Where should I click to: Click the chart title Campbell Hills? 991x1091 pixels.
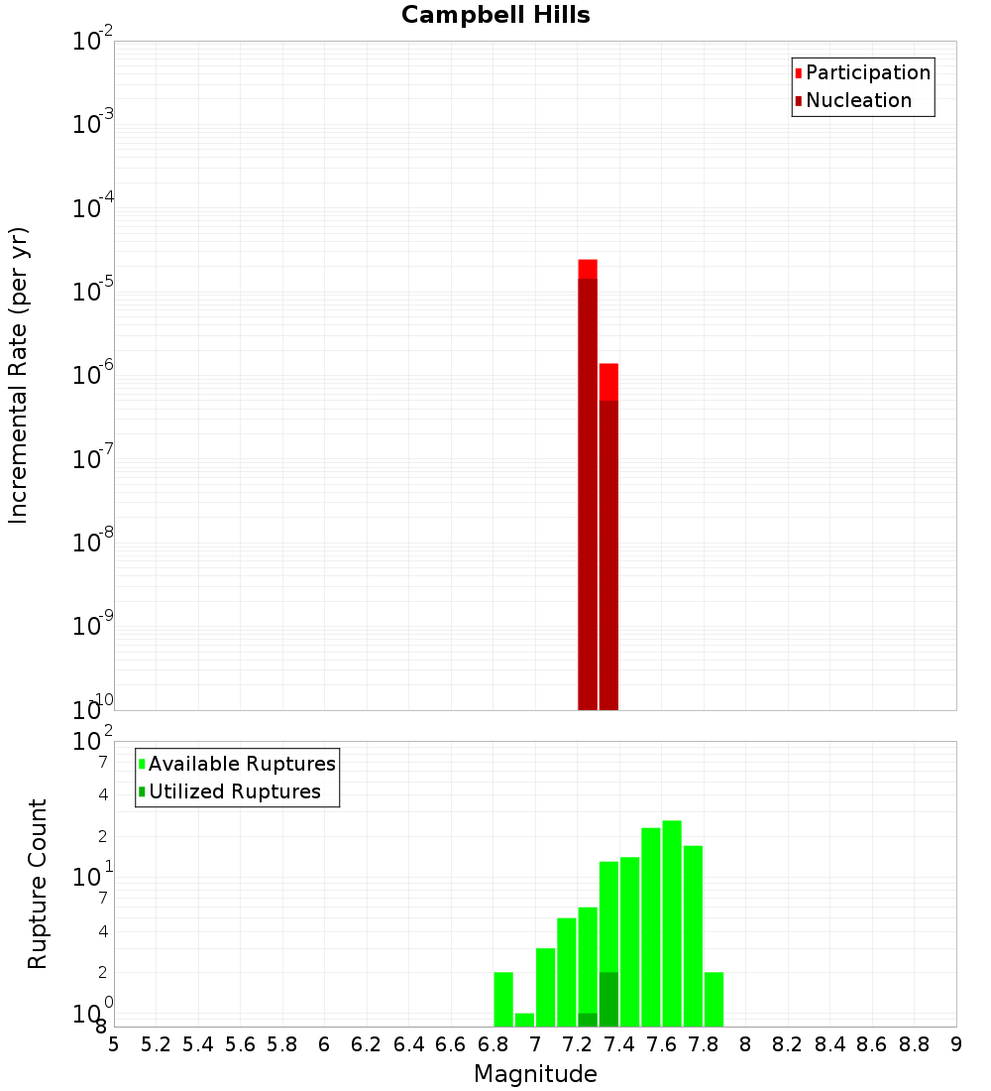(x=495, y=16)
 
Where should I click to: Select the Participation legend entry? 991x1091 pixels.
(x=867, y=73)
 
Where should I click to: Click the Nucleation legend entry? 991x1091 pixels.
(x=857, y=101)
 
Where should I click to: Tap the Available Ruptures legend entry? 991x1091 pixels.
(x=241, y=765)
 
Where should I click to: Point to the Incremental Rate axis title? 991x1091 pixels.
(x=19, y=376)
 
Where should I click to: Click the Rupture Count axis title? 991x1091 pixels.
(x=38, y=884)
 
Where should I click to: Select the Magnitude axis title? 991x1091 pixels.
(x=535, y=1074)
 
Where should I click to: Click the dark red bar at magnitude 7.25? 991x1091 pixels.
(x=588, y=496)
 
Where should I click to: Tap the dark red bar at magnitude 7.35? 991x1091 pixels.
(x=608, y=555)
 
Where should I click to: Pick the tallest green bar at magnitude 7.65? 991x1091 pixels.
(x=672, y=922)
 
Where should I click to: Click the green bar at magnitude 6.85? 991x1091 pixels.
(x=503, y=999)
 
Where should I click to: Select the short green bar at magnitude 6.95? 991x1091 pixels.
(x=524, y=1020)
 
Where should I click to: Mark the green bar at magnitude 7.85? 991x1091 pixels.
(x=714, y=999)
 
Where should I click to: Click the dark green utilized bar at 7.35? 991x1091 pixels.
(x=608, y=999)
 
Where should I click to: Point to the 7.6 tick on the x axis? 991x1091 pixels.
(x=661, y=1044)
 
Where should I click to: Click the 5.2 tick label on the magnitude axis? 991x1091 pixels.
(x=156, y=1044)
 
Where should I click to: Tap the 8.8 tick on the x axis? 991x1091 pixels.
(x=914, y=1044)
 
